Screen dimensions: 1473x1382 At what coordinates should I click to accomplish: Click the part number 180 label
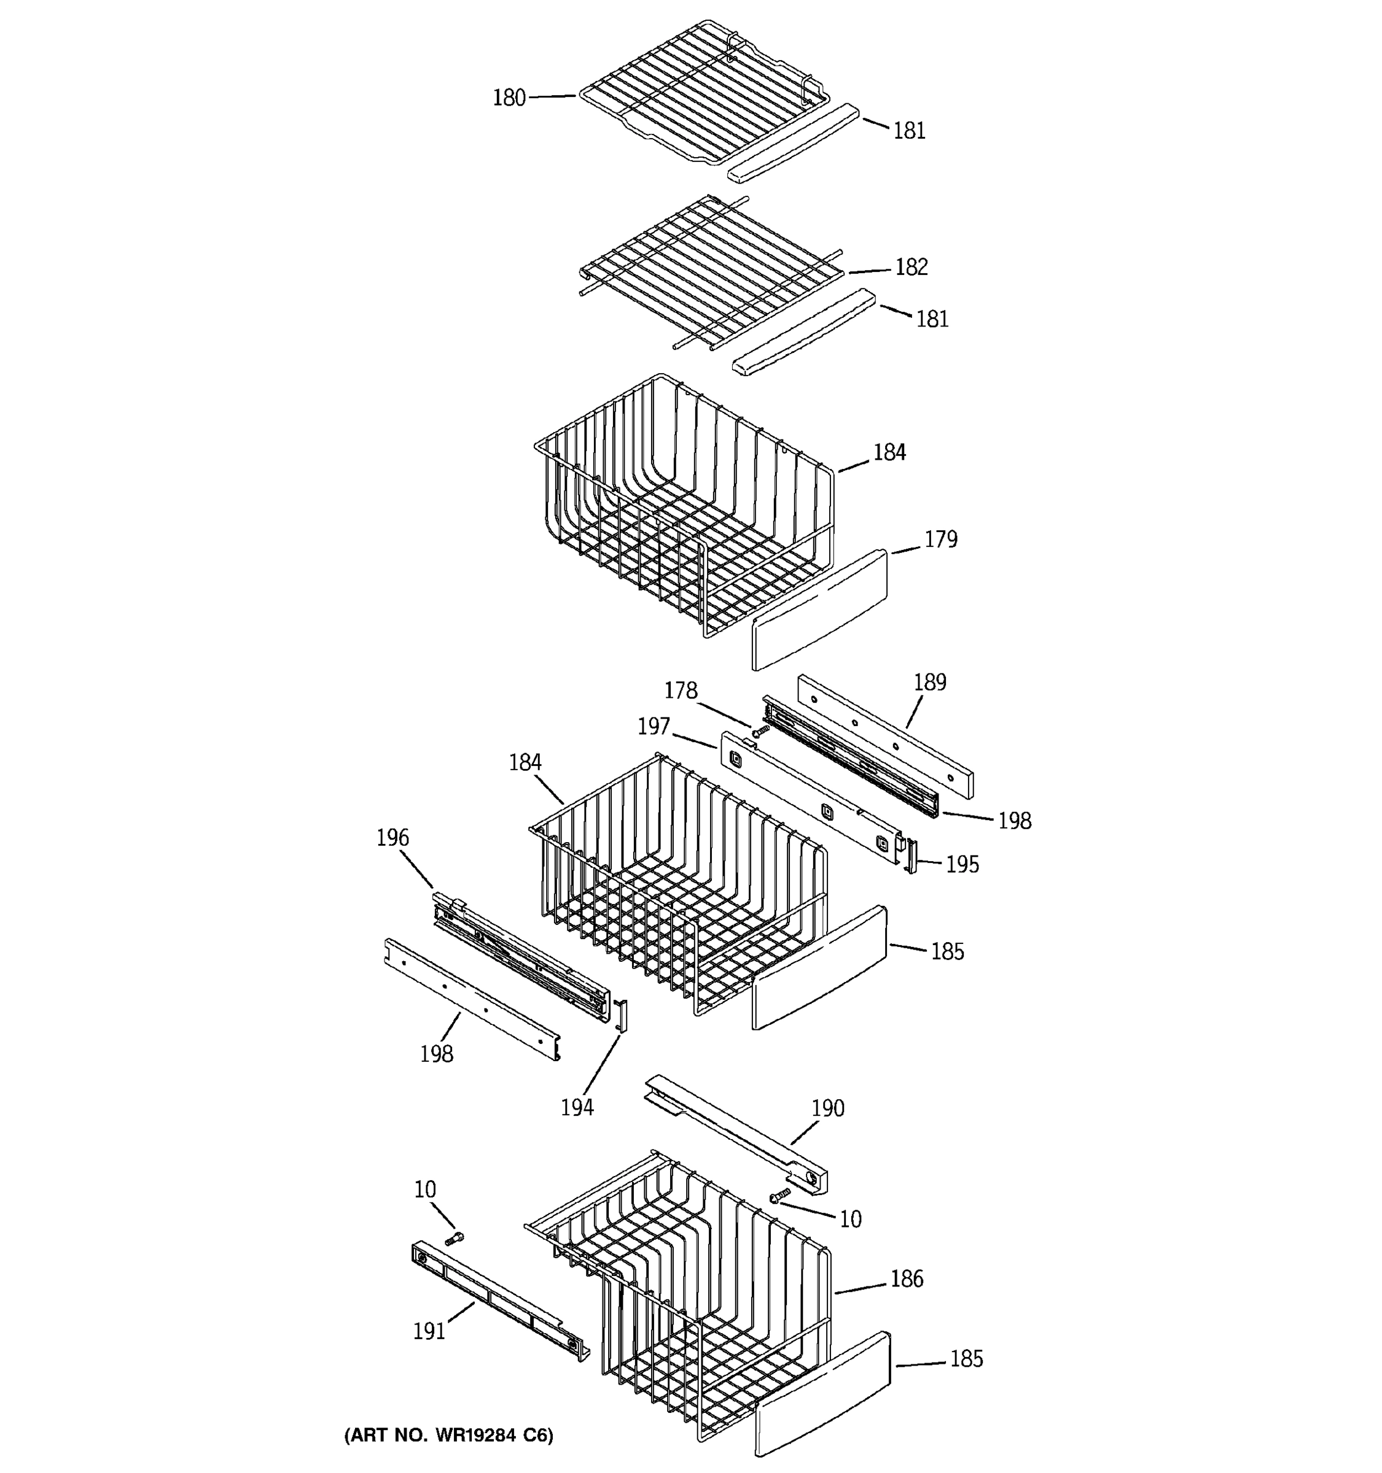(509, 98)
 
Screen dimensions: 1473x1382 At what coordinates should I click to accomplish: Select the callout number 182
(912, 267)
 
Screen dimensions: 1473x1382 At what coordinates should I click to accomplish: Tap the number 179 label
(940, 539)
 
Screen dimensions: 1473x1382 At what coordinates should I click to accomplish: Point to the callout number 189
(930, 682)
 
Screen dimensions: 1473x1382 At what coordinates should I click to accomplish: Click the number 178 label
(680, 690)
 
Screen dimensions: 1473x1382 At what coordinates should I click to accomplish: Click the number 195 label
(962, 865)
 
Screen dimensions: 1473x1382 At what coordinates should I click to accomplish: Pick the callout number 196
(392, 838)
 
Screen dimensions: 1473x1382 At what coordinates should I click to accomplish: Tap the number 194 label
(577, 1107)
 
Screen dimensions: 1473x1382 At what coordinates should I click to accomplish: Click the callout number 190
(827, 1108)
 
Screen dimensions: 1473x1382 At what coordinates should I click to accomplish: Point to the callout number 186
(906, 1279)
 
